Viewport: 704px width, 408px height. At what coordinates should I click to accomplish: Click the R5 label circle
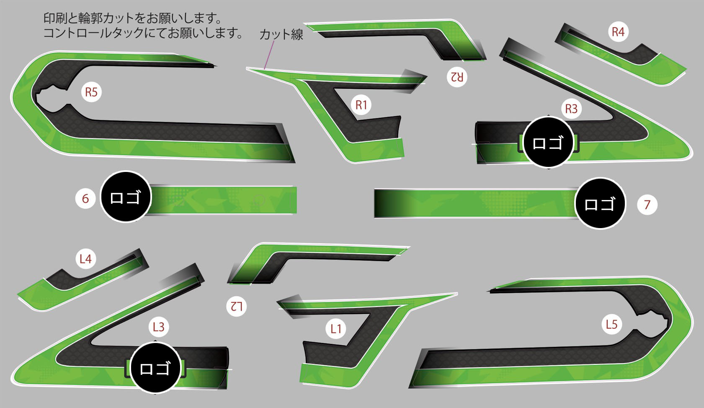pos(91,92)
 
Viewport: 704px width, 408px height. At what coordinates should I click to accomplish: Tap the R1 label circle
pos(361,105)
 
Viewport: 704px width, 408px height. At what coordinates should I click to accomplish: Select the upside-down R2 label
pos(456,77)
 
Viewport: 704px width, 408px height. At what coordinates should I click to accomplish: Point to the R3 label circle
pos(571,109)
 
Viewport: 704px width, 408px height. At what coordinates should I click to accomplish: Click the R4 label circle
pos(618,32)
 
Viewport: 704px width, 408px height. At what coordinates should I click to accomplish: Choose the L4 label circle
pos(85,259)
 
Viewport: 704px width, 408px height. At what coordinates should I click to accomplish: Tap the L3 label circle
pos(158,327)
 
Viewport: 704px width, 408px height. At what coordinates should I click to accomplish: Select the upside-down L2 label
pos(236,306)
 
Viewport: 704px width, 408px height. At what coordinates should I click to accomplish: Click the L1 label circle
pos(336,329)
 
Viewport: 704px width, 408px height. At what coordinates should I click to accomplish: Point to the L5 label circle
pos(611,324)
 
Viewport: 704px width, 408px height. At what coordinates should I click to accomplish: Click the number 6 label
pos(85,198)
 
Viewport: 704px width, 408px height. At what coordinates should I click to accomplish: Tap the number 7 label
pos(647,205)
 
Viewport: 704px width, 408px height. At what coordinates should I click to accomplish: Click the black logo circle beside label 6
pos(125,197)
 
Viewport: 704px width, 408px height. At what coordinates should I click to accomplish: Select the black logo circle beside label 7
pos(600,204)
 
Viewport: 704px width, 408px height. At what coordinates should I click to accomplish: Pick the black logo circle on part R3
pos(548,143)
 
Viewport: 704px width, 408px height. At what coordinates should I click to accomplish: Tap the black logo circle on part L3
pos(155,368)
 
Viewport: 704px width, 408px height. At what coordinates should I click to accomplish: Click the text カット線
pos(281,34)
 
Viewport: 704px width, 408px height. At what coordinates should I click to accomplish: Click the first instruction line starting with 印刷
pos(132,18)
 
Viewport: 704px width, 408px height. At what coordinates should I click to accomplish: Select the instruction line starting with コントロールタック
pos(143,33)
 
